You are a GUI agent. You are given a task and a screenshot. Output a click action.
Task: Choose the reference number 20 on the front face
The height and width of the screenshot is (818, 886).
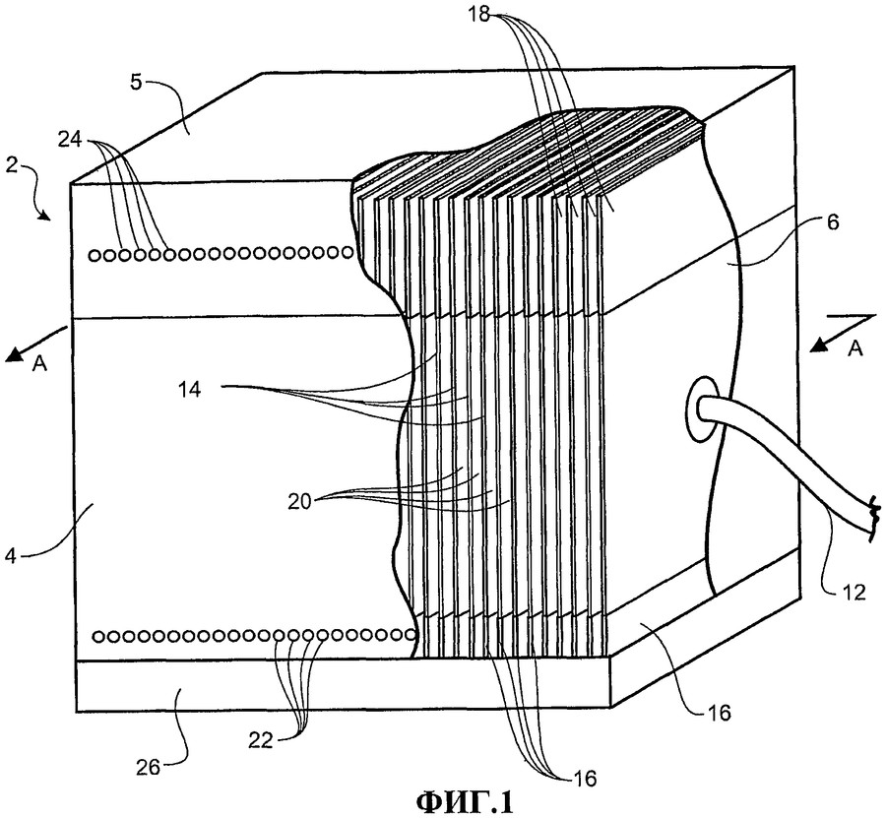[x=302, y=499]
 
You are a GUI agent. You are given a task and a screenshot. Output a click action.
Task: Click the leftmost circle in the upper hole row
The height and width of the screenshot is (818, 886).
[x=95, y=256]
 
